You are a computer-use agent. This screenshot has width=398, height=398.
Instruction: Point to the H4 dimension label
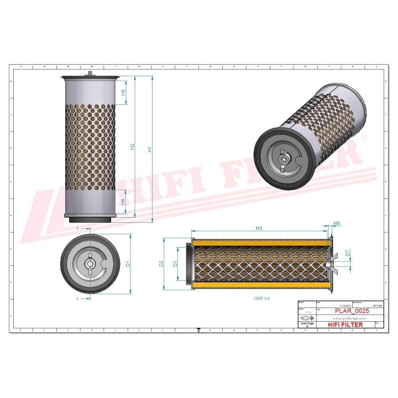tap(123, 202)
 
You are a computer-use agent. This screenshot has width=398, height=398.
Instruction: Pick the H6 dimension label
tap(337, 224)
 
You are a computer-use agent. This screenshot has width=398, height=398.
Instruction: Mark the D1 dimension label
tap(128, 263)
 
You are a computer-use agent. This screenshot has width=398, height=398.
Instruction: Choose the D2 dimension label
tap(161, 264)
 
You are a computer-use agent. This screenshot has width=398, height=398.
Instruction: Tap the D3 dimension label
tap(175, 264)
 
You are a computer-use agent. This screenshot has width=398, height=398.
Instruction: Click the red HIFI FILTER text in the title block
tap(345, 324)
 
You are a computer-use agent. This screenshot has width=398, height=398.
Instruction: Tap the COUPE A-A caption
tap(261, 298)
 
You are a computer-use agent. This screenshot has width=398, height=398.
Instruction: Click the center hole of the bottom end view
tap(88, 263)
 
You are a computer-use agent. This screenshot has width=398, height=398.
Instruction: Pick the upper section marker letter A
tap(78, 228)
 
